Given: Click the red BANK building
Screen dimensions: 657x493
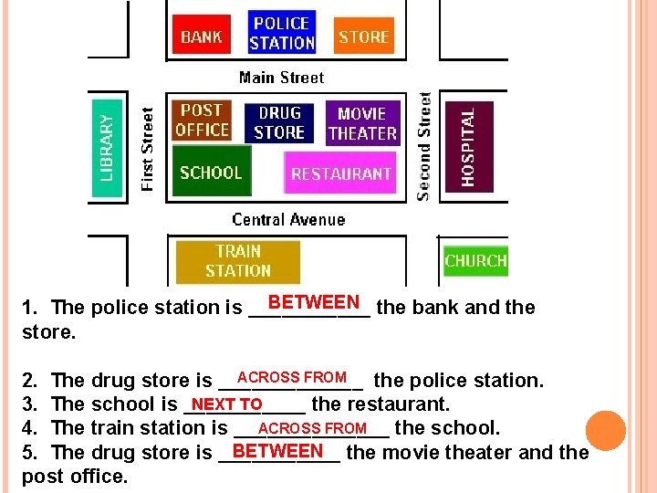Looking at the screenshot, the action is tap(202, 37).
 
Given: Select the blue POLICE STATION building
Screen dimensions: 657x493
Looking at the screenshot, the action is tap(281, 33).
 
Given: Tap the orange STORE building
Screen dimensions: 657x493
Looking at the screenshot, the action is tap(363, 37).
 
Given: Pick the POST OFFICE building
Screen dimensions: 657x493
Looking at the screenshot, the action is tap(202, 121).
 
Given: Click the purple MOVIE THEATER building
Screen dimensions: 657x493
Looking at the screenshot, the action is tap(362, 123).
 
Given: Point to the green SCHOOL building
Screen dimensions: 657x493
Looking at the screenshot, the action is tap(211, 172).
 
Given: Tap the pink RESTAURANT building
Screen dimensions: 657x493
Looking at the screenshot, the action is tap(341, 173).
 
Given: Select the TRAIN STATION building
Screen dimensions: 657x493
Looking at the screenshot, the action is tap(237, 261).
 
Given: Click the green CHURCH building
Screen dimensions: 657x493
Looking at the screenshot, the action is tap(474, 260).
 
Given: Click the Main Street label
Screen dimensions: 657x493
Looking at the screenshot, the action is tap(281, 78).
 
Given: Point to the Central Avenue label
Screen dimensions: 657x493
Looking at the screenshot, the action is tap(288, 219).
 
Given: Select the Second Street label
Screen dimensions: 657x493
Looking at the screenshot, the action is tap(423, 146).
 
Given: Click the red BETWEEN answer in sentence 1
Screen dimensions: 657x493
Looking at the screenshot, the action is tap(314, 302).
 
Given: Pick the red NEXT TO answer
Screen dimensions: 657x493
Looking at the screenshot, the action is tap(227, 404).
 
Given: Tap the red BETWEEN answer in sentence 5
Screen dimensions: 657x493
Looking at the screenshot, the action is tap(278, 450).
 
